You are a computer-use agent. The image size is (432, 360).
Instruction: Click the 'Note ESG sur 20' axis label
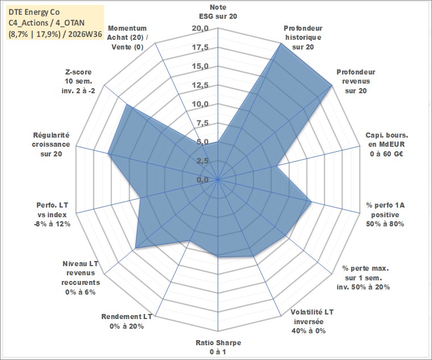tap(218, 12)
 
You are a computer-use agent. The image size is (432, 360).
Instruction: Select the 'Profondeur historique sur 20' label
tap(303, 38)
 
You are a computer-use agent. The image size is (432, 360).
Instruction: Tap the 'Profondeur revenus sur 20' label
tap(356, 81)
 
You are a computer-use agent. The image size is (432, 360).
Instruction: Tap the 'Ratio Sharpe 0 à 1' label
tap(218, 347)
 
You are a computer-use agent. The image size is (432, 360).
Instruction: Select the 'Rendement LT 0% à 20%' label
tap(127, 321)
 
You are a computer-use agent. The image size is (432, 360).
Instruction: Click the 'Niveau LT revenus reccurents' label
tap(81, 278)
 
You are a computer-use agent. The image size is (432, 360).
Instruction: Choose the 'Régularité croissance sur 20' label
tap(51, 144)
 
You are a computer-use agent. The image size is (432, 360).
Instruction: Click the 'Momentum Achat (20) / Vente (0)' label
tap(127, 38)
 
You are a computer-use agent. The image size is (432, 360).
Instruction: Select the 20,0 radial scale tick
tap(201, 28)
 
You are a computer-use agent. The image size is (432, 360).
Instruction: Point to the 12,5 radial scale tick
tap(201, 85)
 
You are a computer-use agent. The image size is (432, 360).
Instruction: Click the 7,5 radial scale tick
tap(203, 123)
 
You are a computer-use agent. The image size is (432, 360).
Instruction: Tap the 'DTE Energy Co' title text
tap(34, 12)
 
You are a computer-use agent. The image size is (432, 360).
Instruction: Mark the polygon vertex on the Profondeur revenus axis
tap(332, 85)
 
